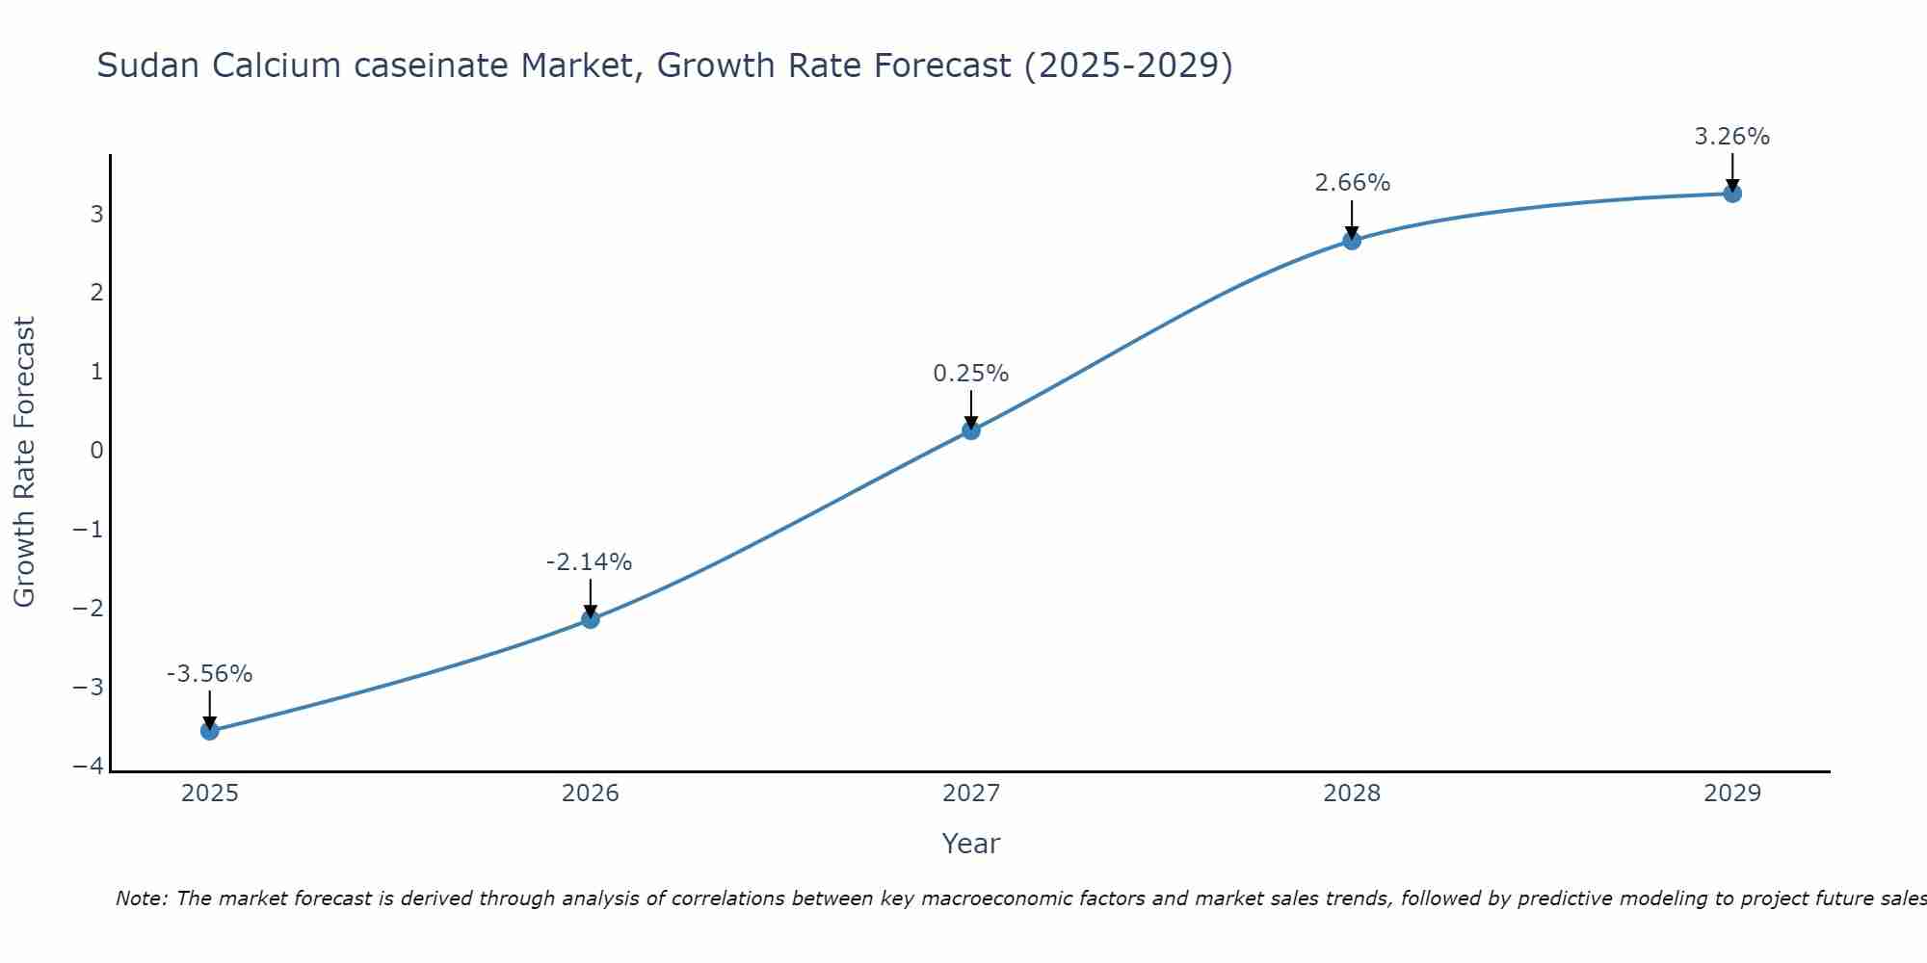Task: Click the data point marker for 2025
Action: tap(210, 731)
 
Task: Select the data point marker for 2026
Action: tap(591, 619)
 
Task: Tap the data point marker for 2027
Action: tap(971, 430)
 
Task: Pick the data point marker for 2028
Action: tap(1352, 241)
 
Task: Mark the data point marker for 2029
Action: tap(1732, 194)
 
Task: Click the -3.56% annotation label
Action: tap(210, 674)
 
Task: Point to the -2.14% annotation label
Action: tap(590, 562)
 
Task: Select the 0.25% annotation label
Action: tap(971, 374)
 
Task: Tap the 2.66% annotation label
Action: tap(1353, 183)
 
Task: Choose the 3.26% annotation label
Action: tap(1732, 137)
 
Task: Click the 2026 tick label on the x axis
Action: tap(591, 794)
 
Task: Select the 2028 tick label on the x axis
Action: tap(1352, 794)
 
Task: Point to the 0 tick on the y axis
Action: tap(96, 451)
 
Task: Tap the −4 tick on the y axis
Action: tap(89, 767)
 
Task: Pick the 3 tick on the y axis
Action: tap(96, 214)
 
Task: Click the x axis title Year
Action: tap(971, 844)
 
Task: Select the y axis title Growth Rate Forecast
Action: tap(25, 462)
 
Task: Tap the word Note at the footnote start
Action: tap(141, 898)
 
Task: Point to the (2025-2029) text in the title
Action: tap(1128, 65)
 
